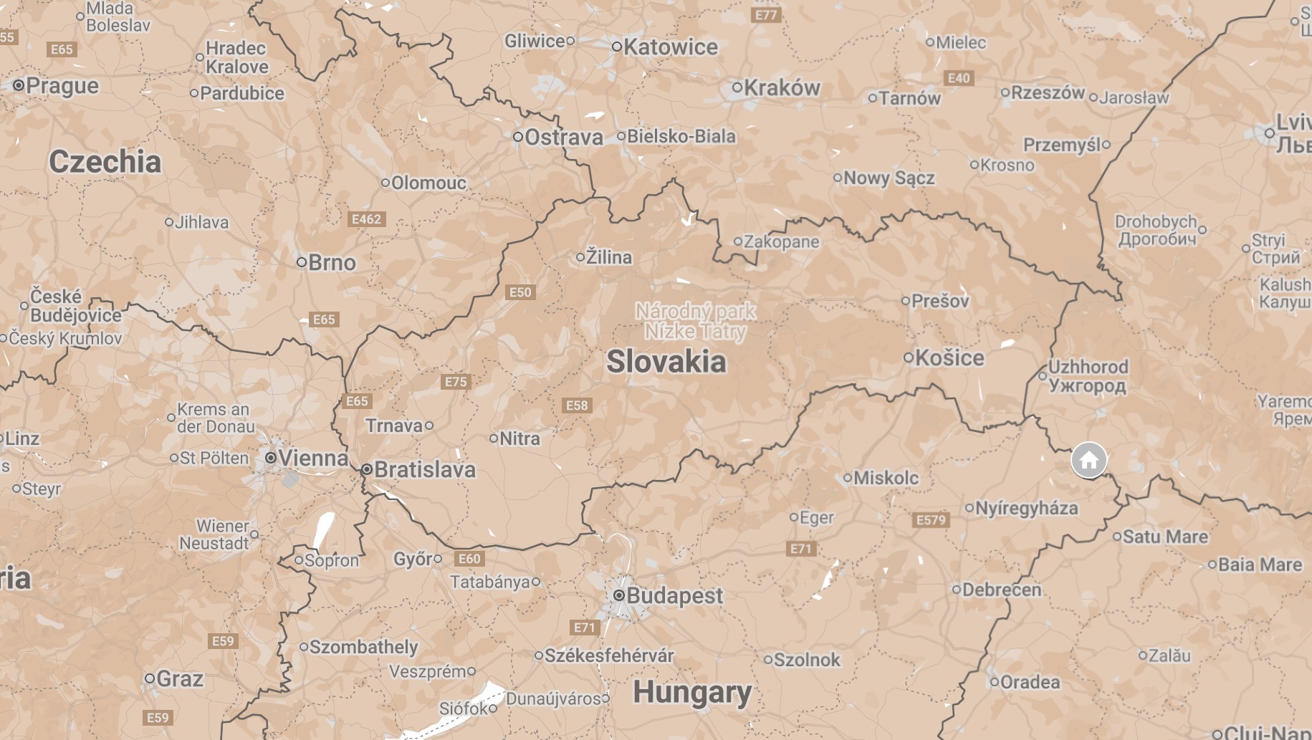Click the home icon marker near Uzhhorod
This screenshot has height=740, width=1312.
pos(1088,461)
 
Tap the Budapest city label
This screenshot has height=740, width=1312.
pos(674,595)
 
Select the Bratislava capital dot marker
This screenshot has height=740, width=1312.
pos(367,469)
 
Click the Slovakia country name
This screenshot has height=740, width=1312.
pos(666,362)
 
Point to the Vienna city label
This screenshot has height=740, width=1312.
pos(313,458)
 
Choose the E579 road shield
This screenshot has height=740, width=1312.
pos(931,520)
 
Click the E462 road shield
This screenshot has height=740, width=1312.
pos(366,219)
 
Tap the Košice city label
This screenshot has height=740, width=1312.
pos(949,357)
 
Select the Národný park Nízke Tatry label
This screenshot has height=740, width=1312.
pos(695,321)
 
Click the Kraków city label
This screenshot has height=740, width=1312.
pos(782,88)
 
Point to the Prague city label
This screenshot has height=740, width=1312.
pos(62,86)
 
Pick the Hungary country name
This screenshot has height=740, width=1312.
pos(692,692)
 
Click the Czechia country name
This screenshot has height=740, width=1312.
pos(105,161)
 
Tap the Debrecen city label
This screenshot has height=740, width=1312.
pos(1001,590)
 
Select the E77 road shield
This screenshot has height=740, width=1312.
pos(765,14)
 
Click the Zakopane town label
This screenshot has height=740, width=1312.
pos(781,241)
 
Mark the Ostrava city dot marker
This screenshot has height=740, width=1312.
pos(517,136)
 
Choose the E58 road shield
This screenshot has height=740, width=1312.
pos(576,405)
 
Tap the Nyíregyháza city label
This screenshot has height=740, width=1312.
pos(1026,508)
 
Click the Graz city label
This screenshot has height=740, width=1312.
pos(179,678)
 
